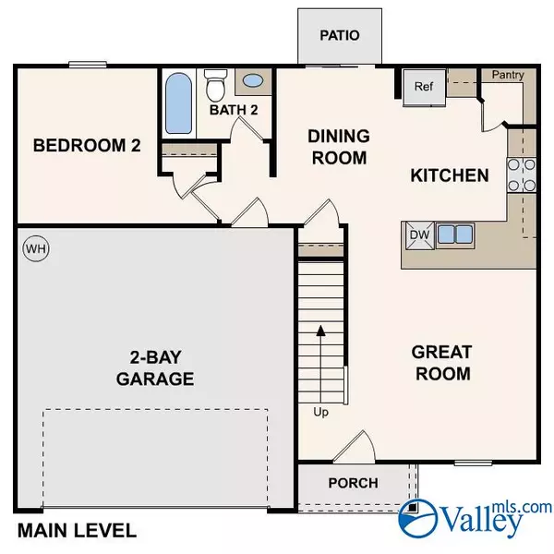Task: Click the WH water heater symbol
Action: [35, 248]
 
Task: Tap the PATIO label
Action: [338, 36]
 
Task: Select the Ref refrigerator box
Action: [423, 87]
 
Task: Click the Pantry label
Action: [507, 75]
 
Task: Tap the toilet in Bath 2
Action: [216, 87]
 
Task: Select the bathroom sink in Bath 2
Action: [250, 81]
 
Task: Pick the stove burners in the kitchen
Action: [520, 175]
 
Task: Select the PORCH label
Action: [353, 483]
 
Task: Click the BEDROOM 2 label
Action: [80, 146]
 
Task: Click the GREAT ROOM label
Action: [441, 362]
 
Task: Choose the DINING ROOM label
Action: [338, 147]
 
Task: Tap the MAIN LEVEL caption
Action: [77, 531]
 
